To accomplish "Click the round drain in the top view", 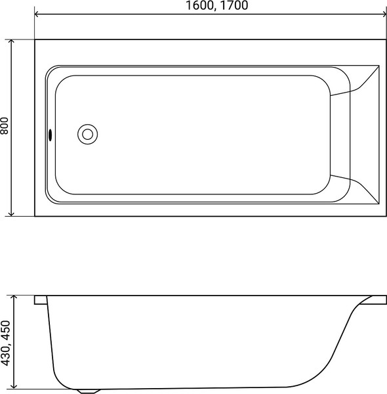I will click(x=87, y=134).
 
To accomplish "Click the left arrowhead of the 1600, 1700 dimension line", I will click(x=38, y=14).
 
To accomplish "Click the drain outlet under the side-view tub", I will click(x=86, y=391).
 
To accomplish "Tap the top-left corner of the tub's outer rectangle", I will click(x=35, y=40).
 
